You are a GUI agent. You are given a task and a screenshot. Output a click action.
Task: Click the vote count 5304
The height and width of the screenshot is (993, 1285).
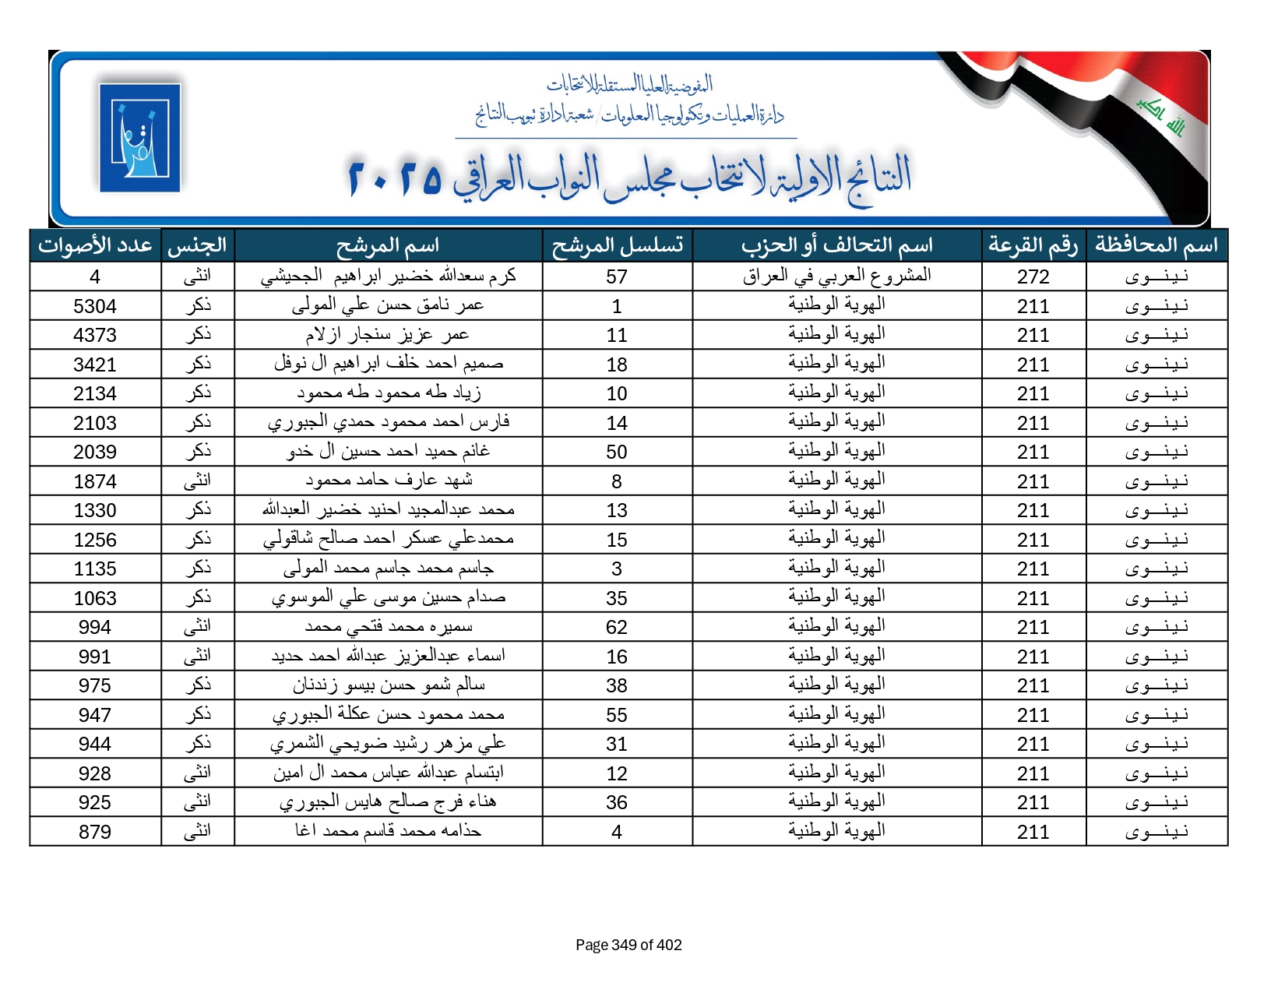point(95,306)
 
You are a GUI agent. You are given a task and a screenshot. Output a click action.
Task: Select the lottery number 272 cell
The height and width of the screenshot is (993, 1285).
point(1033,276)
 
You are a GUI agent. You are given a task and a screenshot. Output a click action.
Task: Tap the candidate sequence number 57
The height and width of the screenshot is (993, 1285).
point(616,276)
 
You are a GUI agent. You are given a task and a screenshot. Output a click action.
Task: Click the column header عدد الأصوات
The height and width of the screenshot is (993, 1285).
point(95,245)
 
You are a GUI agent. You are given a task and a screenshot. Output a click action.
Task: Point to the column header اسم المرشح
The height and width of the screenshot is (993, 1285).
point(388,245)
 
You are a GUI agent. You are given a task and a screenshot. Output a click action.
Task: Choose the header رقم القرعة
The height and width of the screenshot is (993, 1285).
point(1033,245)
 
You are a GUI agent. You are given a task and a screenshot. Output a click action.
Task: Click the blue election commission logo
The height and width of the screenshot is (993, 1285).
point(140,138)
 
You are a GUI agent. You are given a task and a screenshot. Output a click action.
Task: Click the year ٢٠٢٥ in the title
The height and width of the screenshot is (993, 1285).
point(396,178)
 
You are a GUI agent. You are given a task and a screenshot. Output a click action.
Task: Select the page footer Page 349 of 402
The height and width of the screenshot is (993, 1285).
point(628,945)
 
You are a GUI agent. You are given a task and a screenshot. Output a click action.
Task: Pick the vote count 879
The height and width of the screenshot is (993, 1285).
point(95,832)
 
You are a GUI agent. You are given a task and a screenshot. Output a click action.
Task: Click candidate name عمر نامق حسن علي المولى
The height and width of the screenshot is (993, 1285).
point(388,306)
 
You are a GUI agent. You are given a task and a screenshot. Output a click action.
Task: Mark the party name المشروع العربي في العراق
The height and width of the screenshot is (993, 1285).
point(836,276)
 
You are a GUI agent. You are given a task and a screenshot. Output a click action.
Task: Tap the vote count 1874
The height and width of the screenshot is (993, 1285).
point(95,481)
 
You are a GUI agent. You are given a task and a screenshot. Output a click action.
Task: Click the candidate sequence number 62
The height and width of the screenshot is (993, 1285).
point(616,627)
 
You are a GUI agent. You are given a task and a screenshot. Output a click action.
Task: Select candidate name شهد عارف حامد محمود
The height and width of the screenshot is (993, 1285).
point(388,481)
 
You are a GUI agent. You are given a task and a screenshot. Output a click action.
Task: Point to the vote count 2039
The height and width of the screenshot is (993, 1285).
point(95,452)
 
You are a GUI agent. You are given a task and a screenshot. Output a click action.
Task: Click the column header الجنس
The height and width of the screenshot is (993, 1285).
point(197,245)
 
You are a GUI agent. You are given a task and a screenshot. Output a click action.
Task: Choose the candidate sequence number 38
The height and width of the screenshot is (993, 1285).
point(616,685)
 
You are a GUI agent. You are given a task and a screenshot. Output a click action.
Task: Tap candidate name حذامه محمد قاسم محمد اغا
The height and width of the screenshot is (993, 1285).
point(388,832)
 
